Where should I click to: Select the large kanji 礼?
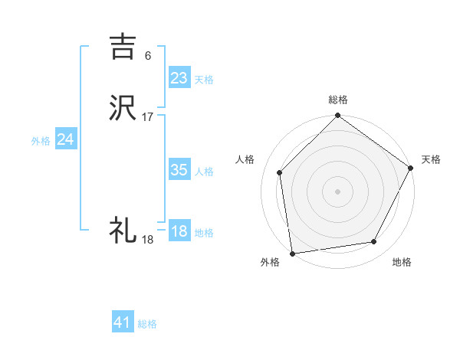(123, 230)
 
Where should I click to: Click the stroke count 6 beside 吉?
(147, 55)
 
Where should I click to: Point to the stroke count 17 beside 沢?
(148, 117)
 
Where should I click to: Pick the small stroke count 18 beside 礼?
(147, 240)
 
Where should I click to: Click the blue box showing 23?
(179, 78)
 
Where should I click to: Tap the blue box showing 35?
(179, 170)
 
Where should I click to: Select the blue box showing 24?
(66, 139)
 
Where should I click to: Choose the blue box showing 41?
(123, 322)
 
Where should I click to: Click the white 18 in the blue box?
(179, 231)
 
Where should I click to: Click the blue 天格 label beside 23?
(204, 80)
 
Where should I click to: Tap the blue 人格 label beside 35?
(204, 172)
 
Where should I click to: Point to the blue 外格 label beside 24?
(41, 141)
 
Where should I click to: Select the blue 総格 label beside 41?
(147, 324)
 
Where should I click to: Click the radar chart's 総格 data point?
(337, 117)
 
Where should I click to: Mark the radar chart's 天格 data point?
(411, 169)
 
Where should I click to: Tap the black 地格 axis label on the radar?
(402, 263)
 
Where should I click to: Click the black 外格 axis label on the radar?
(270, 263)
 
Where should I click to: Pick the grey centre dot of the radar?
(337, 191)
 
